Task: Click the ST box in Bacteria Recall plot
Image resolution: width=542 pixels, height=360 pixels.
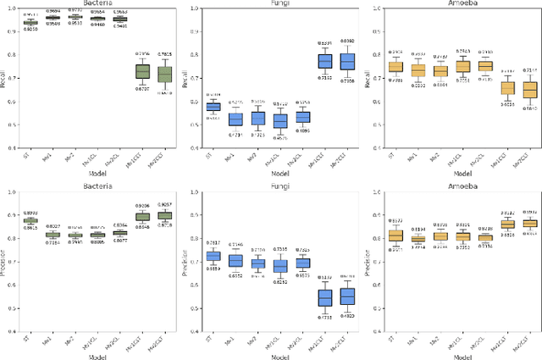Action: (30, 22)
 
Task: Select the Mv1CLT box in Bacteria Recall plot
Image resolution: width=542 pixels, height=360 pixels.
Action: (142, 72)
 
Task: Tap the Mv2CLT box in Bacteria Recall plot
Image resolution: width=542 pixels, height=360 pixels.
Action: (165, 75)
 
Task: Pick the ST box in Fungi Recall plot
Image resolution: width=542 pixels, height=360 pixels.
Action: (213, 107)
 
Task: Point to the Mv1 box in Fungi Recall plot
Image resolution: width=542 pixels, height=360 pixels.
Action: (235, 119)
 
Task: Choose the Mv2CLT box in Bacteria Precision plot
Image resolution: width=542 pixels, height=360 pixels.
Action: (165, 216)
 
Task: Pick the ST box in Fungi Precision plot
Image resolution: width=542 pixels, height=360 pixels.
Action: (213, 257)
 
